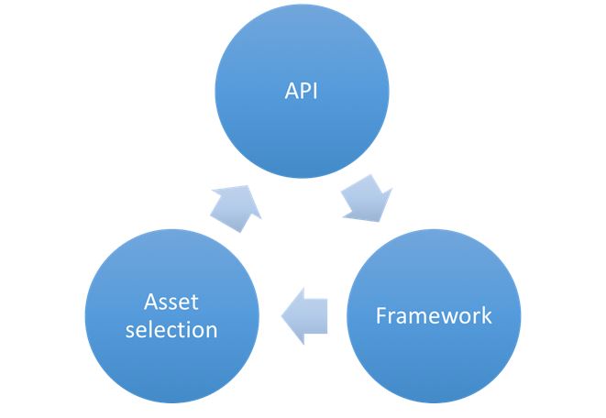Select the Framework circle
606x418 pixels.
pyautogui.click(x=434, y=317)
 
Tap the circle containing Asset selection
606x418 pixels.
pyautogui.click(x=171, y=317)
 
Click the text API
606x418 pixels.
pyautogui.click(x=302, y=93)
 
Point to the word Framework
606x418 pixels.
pyautogui.click(x=434, y=316)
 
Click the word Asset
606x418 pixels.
pyautogui.click(x=171, y=302)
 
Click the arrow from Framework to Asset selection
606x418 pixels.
pyautogui.click(x=303, y=317)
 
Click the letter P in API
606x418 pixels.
pyautogui.click(x=303, y=93)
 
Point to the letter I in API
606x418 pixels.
pyautogui.click(x=314, y=93)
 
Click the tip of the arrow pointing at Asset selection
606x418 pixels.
pyautogui.click(x=281, y=317)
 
